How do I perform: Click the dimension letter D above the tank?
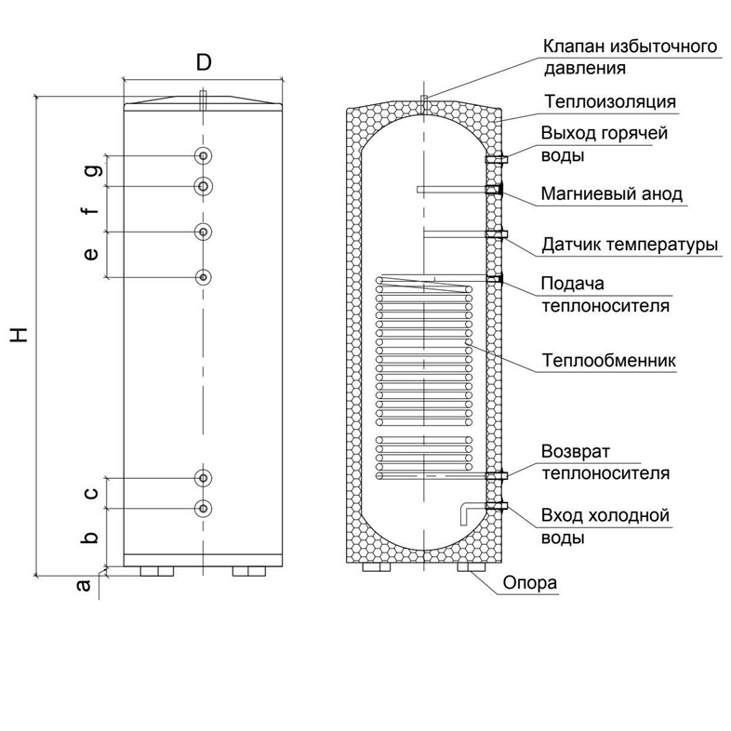click(x=204, y=62)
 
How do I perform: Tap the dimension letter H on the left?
click(x=20, y=335)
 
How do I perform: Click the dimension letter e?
click(x=91, y=254)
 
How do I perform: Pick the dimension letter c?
click(x=91, y=493)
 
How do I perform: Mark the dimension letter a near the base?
click(x=83, y=585)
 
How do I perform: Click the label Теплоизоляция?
click(x=610, y=101)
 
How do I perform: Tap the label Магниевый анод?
click(x=612, y=194)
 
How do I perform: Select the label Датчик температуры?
click(x=630, y=246)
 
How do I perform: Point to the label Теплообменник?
click(x=608, y=360)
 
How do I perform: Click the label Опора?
click(x=530, y=583)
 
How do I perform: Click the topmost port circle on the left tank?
click(x=204, y=155)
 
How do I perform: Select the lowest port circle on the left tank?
click(x=204, y=508)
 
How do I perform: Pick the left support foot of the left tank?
click(x=156, y=572)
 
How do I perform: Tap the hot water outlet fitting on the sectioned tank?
click(x=496, y=159)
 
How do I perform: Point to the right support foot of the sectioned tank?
click(x=471, y=567)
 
